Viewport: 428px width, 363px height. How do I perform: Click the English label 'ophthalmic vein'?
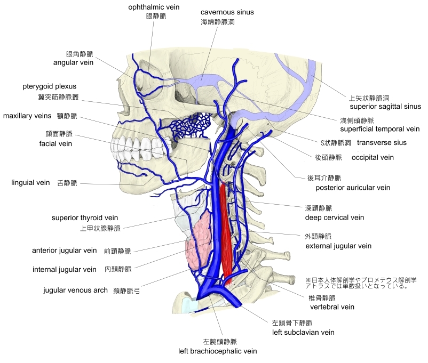click(154, 7)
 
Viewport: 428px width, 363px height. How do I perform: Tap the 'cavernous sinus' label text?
click(227, 12)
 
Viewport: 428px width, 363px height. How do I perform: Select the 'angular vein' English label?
click(74, 62)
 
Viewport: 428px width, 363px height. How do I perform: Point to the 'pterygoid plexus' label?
click(50, 86)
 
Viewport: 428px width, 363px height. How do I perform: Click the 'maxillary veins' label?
click(27, 116)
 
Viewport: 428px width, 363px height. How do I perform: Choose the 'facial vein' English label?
click(56, 143)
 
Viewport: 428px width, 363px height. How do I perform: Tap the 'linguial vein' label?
click(30, 183)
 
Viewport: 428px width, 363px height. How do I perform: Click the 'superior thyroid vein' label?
click(85, 217)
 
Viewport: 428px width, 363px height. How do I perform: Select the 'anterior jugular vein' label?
click(65, 250)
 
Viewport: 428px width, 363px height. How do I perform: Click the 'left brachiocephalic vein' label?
click(218, 351)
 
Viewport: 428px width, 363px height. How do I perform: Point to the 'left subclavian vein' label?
click(303, 332)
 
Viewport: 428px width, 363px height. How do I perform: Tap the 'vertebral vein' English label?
click(332, 307)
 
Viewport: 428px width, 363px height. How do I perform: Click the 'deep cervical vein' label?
click(334, 217)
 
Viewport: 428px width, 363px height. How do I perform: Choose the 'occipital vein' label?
click(372, 157)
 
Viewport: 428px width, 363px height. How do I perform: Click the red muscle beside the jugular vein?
click(227, 229)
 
